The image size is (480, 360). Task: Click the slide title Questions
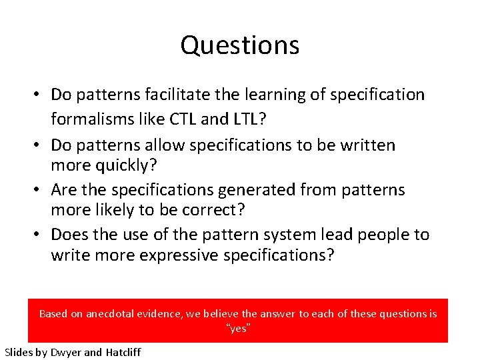239,45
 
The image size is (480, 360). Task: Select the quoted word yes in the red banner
239,329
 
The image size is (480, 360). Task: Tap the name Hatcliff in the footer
123,352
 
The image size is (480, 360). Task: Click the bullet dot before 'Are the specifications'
40,191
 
